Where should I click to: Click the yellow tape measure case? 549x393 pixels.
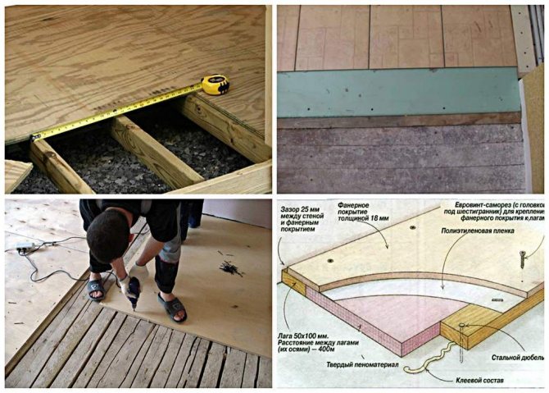(x=215, y=85)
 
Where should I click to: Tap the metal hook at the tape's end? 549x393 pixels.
(x=34, y=137)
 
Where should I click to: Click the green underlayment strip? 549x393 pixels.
(x=397, y=93)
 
